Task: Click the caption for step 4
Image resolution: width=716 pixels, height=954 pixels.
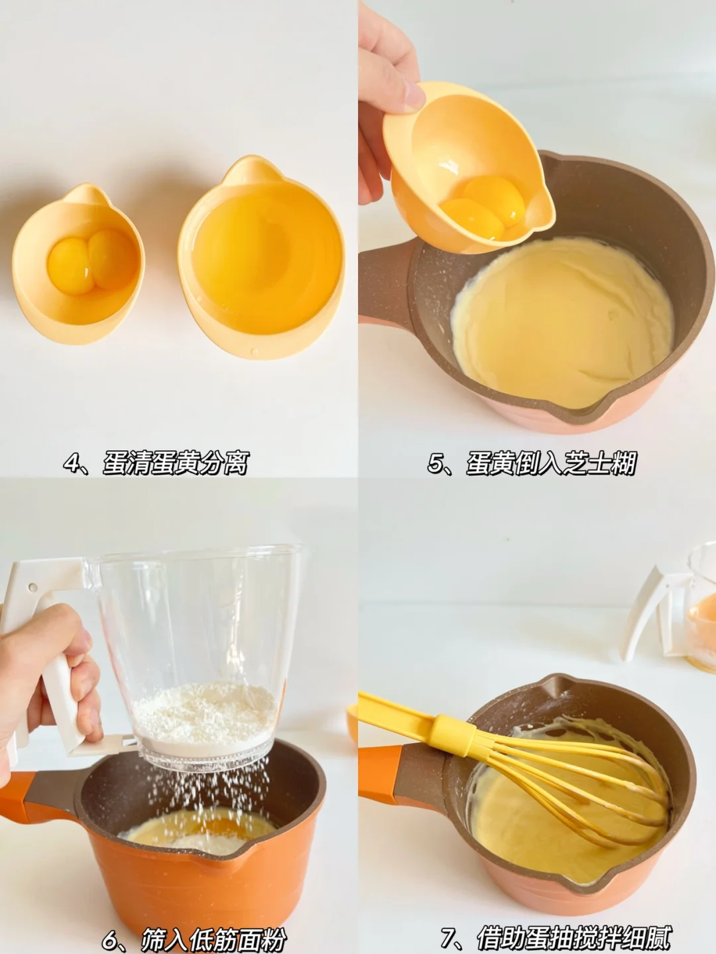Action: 156,463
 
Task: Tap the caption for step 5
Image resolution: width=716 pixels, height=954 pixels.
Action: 532,463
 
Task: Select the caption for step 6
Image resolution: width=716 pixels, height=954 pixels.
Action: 194,938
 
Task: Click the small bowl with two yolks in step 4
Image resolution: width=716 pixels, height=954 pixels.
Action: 78,264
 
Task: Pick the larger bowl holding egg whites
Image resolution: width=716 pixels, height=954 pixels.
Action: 261,257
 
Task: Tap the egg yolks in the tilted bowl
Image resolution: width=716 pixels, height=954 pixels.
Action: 482,207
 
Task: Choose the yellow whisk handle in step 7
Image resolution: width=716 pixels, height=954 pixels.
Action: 417,717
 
